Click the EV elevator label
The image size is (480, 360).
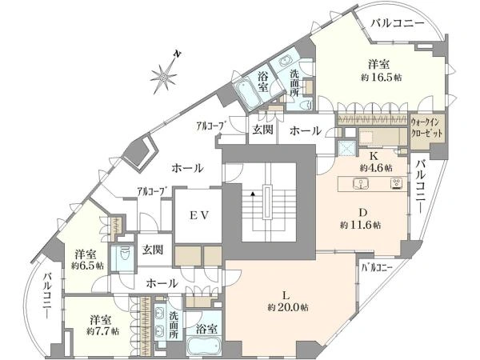199,215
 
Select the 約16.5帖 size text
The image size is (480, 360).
381,78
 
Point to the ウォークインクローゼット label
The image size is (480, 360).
426,128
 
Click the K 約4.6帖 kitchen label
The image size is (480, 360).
376,162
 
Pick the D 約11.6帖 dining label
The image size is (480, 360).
361,219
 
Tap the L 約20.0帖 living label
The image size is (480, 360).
288,302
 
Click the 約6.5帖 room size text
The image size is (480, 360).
87,266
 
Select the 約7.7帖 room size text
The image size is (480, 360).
103,331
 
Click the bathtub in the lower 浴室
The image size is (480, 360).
205,346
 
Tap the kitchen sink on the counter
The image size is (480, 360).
362,184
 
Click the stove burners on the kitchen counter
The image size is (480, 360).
397,184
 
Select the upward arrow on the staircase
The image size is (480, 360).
253,194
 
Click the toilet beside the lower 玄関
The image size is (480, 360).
125,254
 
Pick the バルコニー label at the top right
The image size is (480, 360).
398,23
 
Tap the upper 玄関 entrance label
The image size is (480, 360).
262,130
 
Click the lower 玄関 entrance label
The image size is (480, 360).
153,250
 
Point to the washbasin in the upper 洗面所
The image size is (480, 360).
287,61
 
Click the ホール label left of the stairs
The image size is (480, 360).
187,168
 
